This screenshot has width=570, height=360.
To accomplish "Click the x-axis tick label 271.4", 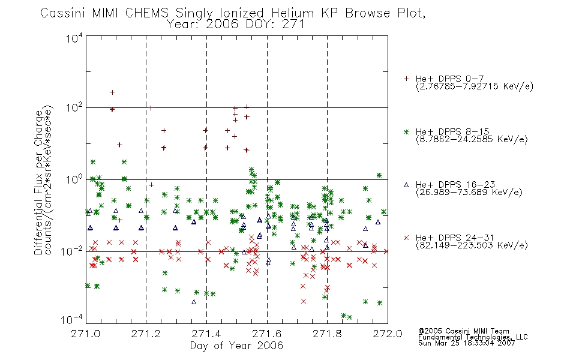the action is tap(206, 334).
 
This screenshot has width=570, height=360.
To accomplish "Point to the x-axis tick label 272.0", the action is tap(388, 334).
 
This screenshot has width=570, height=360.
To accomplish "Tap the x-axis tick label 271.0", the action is tap(86, 334).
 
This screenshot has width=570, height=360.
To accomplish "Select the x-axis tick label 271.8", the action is tap(327, 334).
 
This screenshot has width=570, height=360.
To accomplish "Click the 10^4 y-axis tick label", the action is tap(74, 38).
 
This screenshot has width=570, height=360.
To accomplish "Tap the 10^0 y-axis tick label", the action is tap(74, 179).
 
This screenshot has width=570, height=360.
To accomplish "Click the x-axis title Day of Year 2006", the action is tap(236, 346).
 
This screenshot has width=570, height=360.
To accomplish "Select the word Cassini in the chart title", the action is tap(62, 13).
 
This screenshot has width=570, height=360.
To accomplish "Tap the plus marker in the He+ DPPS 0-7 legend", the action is tap(406, 79).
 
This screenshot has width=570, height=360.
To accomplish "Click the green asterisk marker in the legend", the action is tap(406, 132).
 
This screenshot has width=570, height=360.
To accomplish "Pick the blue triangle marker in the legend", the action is tap(406, 185).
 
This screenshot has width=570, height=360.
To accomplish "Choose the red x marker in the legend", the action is tap(406, 238).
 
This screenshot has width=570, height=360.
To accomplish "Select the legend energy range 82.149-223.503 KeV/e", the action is tap(472, 245).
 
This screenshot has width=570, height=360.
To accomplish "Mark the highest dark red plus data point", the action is tap(112, 92).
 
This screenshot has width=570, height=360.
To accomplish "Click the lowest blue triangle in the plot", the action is tap(194, 302).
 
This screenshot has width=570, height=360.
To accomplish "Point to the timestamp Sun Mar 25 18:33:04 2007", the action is tap(466, 343).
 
